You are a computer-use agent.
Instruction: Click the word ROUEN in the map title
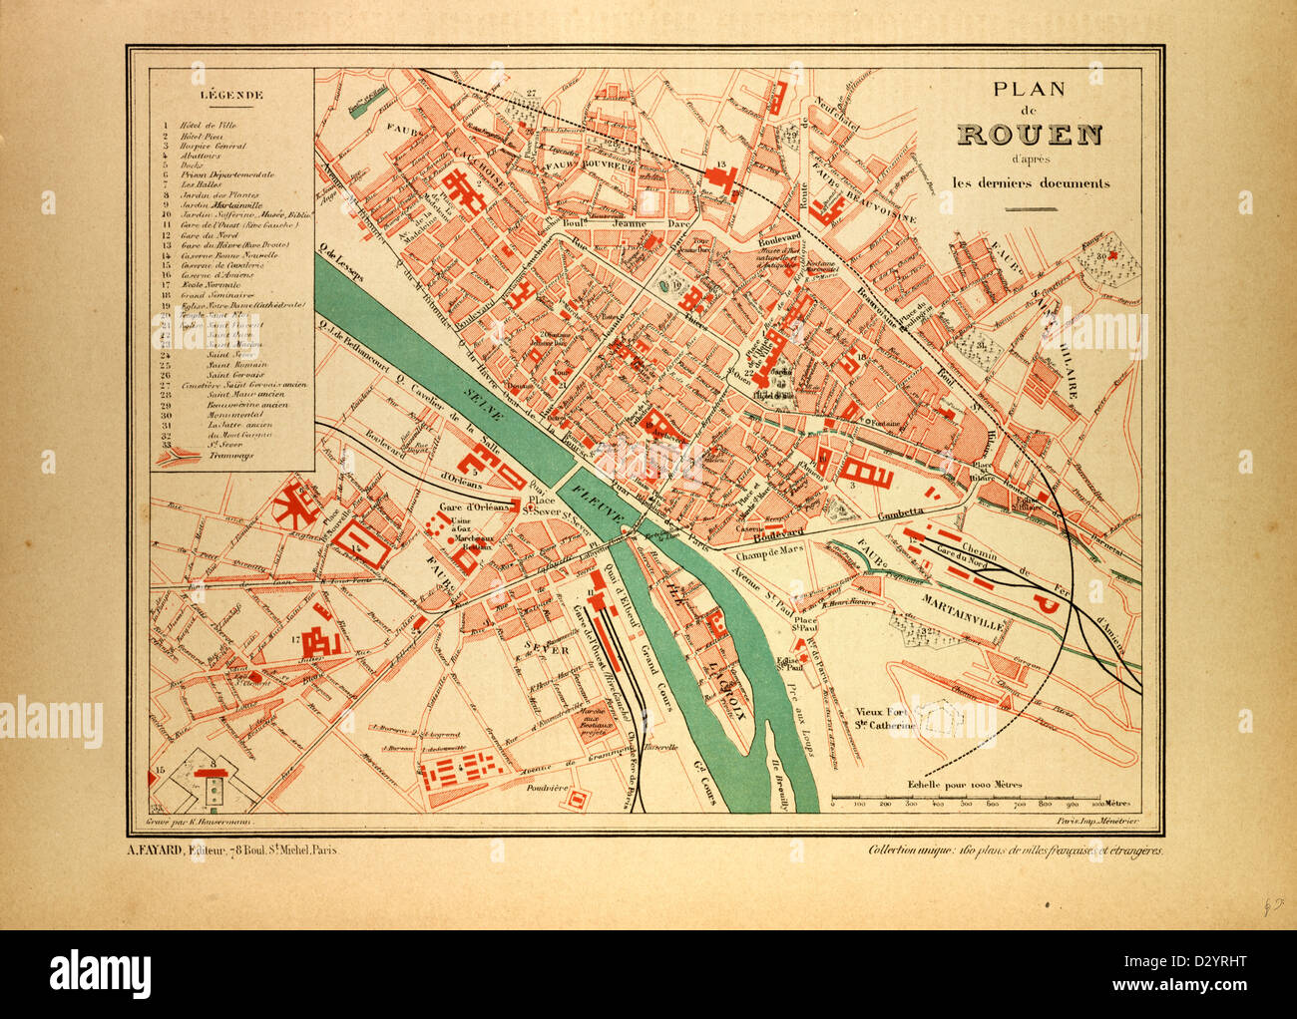pos(1029,135)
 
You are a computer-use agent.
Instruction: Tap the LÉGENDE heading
pos(231,97)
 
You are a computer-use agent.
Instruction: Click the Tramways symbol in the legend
pos(177,454)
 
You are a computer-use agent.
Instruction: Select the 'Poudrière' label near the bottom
pos(545,787)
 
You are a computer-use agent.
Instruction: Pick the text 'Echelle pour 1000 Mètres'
pos(965,784)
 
